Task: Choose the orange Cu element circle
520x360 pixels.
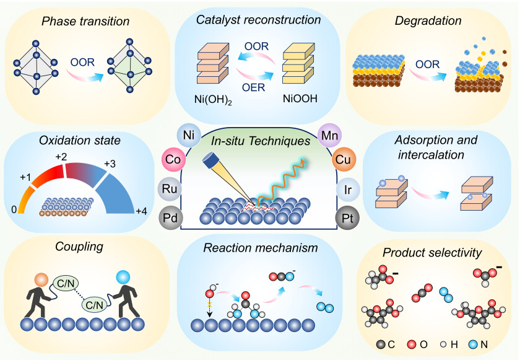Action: [344, 160]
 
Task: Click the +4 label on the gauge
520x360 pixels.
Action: [141, 212]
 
